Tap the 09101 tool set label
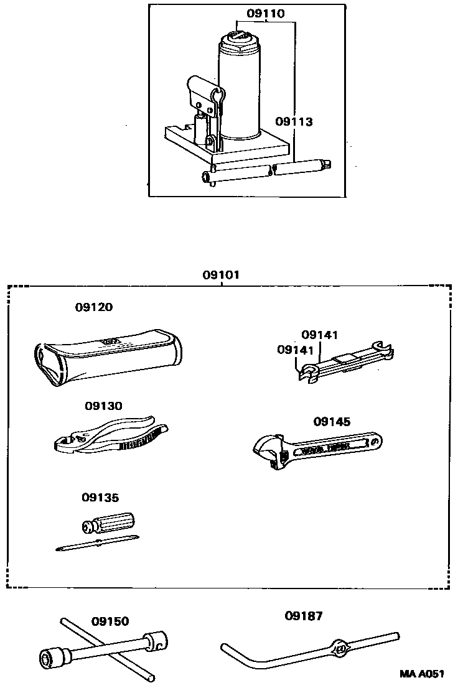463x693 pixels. (x=220, y=274)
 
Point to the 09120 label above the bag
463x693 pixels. (x=95, y=307)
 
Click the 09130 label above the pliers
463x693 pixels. (x=103, y=406)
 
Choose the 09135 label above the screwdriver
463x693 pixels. (x=100, y=498)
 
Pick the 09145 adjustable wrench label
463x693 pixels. (x=332, y=422)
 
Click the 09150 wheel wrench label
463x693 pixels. (x=110, y=621)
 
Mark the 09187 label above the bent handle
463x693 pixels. (x=304, y=616)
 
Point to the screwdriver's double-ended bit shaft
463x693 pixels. (x=96, y=543)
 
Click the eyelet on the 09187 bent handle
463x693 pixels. (x=340, y=649)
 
